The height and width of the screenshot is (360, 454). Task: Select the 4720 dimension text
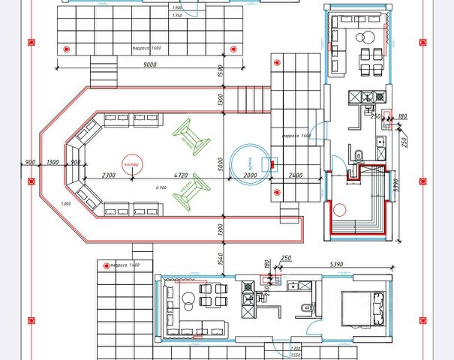pos(180,175)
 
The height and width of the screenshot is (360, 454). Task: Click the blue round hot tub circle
pos(251,161)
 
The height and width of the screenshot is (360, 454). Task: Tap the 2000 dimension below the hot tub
pos(251,175)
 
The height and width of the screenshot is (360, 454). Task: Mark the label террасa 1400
pos(125,265)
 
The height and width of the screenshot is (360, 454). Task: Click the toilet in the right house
pos(359,155)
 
